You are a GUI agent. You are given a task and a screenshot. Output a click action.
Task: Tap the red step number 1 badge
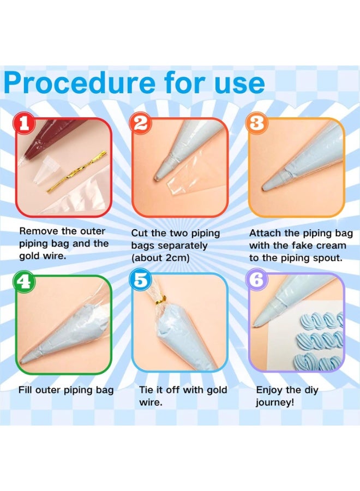(x=23, y=124)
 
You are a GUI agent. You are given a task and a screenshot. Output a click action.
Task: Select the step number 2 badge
(x=140, y=124)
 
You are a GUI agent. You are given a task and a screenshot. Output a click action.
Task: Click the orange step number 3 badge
(x=257, y=124)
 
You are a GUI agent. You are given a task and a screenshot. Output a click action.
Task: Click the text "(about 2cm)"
(x=160, y=258)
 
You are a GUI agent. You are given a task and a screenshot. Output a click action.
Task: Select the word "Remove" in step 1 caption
(x=37, y=231)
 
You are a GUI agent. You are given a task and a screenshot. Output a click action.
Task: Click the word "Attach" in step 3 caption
(x=264, y=233)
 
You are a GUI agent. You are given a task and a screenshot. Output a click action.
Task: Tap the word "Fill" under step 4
(x=26, y=390)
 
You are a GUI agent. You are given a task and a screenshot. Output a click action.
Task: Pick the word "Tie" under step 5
(x=147, y=390)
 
